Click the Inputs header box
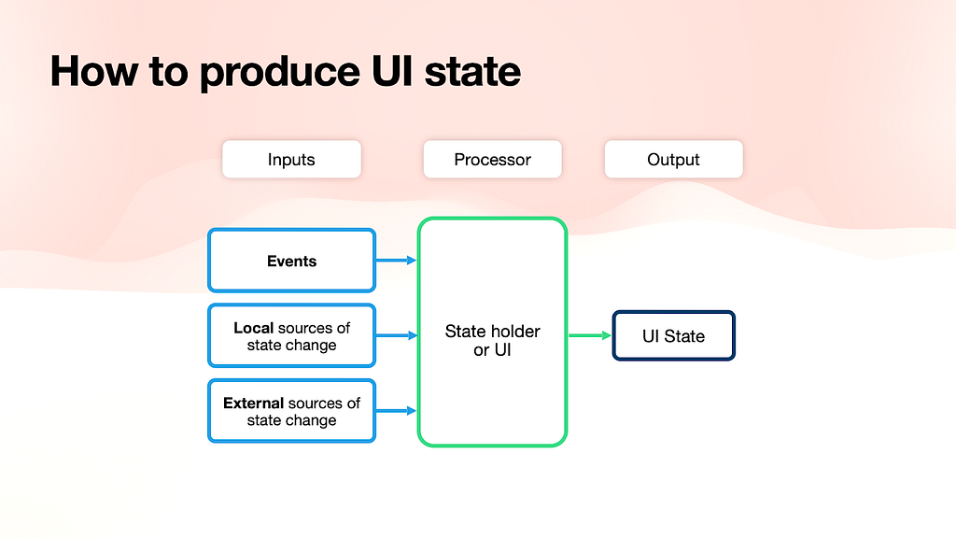pyautogui.click(x=291, y=159)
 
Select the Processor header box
pyautogui.click(x=493, y=159)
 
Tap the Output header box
pyautogui.click(x=674, y=159)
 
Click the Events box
pyautogui.click(x=291, y=261)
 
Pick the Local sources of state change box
pyautogui.click(x=291, y=335)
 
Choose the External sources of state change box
pyautogui.click(x=291, y=411)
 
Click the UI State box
pyautogui.click(x=674, y=335)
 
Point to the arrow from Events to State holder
pyautogui.click(x=396, y=261)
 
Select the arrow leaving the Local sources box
pyautogui.click(x=396, y=335)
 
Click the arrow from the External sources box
pyautogui.click(x=396, y=411)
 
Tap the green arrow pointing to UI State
pyautogui.click(x=590, y=335)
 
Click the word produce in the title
pyautogui.click(x=280, y=73)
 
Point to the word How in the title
pyautogui.click(x=94, y=71)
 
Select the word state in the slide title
pyautogui.click(x=472, y=71)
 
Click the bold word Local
pyautogui.click(x=253, y=328)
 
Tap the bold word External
pyautogui.click(x=253, y=403)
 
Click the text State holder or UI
pyautogui.click(x=493, y=340)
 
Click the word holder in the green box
pyautogui.click(x=513, y=332)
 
